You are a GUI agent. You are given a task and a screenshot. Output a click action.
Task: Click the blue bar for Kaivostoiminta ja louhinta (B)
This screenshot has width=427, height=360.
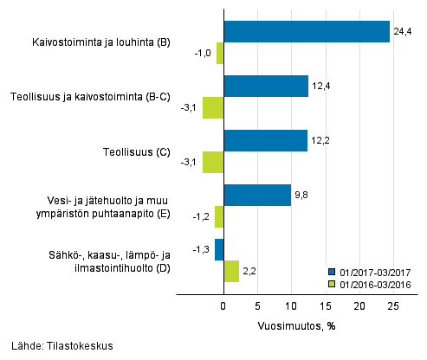[x=307, y=31]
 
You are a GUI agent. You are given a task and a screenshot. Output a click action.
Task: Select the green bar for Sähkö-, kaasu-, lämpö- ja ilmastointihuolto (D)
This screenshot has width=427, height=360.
[x=231, y=271]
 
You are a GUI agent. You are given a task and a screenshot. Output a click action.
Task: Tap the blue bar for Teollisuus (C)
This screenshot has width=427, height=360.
[x=266, y=140]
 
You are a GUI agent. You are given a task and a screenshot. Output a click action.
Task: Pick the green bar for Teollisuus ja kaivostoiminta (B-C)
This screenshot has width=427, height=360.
[x=213, y=107]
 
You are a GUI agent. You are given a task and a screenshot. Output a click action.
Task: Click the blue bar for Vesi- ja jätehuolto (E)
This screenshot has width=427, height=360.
[x=257, y=195]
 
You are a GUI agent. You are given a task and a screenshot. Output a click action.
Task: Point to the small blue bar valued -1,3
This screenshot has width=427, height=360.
[x=219, y=249]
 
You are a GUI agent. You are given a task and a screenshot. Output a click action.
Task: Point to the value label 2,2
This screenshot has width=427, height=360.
[x=250, y=271]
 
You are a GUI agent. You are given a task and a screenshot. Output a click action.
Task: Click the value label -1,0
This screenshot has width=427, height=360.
[x=204, y=53]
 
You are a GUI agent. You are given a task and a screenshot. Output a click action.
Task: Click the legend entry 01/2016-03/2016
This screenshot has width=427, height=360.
[x=374, y=282]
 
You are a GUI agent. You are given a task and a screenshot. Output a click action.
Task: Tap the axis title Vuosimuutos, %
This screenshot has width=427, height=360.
[x=294, y=326]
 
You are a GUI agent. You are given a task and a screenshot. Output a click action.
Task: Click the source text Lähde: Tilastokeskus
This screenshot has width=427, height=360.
[x=62, y=346]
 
